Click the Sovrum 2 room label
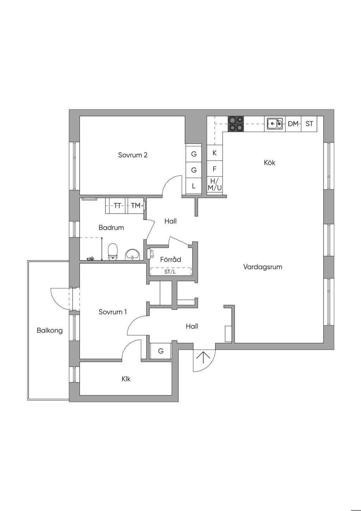click(133, 155)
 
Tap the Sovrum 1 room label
click(112, 312)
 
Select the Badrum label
click(111, 227)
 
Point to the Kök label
click(270, 163)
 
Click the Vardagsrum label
click(263, 267)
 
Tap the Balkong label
click(50, 330)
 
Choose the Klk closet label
click(126, 379)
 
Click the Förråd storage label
click(171, 259)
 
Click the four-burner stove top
click(235, 124)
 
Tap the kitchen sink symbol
click(275, 124)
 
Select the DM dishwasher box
click(293, 124)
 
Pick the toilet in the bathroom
click(112, 252)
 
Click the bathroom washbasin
click(132, 254)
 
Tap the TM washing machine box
click(136, 206)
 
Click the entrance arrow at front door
click(203, 357)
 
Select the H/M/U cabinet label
click(214, 185)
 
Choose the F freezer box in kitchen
click(214, 169)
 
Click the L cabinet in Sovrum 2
click(194, 186)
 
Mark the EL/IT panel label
click(153, 254)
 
